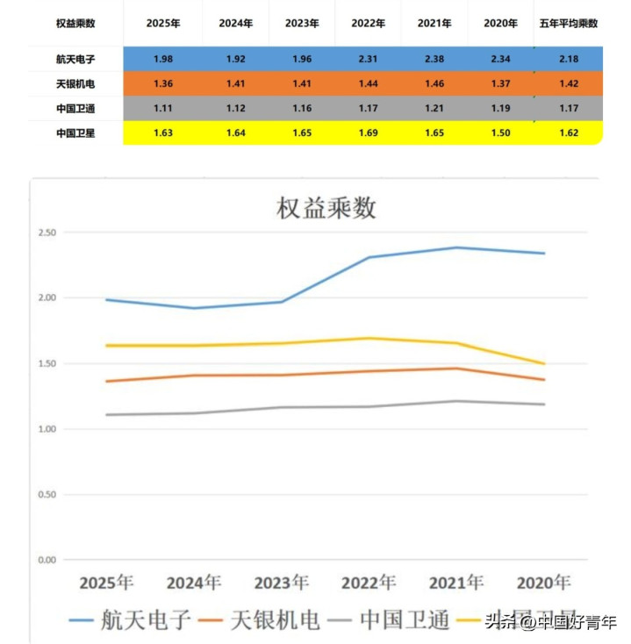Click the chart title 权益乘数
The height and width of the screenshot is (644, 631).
tap(326, 208)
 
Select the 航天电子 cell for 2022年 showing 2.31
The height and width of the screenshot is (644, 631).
tap(368, 59)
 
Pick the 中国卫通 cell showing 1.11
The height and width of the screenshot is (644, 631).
tap(162, 109)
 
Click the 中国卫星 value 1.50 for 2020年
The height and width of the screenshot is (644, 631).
tap(500, 133)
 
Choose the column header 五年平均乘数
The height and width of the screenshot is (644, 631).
tap(568, 24)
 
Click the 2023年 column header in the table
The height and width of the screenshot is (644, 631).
tap(301, 24)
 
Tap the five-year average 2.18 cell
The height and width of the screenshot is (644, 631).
tap(568, 59)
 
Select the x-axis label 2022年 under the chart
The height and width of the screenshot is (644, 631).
tap(369, 583)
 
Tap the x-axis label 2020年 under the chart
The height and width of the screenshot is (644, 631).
tap(543, 583)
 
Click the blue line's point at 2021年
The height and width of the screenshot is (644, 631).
tap(455, 247)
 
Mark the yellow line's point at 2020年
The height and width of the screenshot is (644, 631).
tap(543, 363)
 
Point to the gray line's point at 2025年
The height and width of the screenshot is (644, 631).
tap(107, 415)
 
